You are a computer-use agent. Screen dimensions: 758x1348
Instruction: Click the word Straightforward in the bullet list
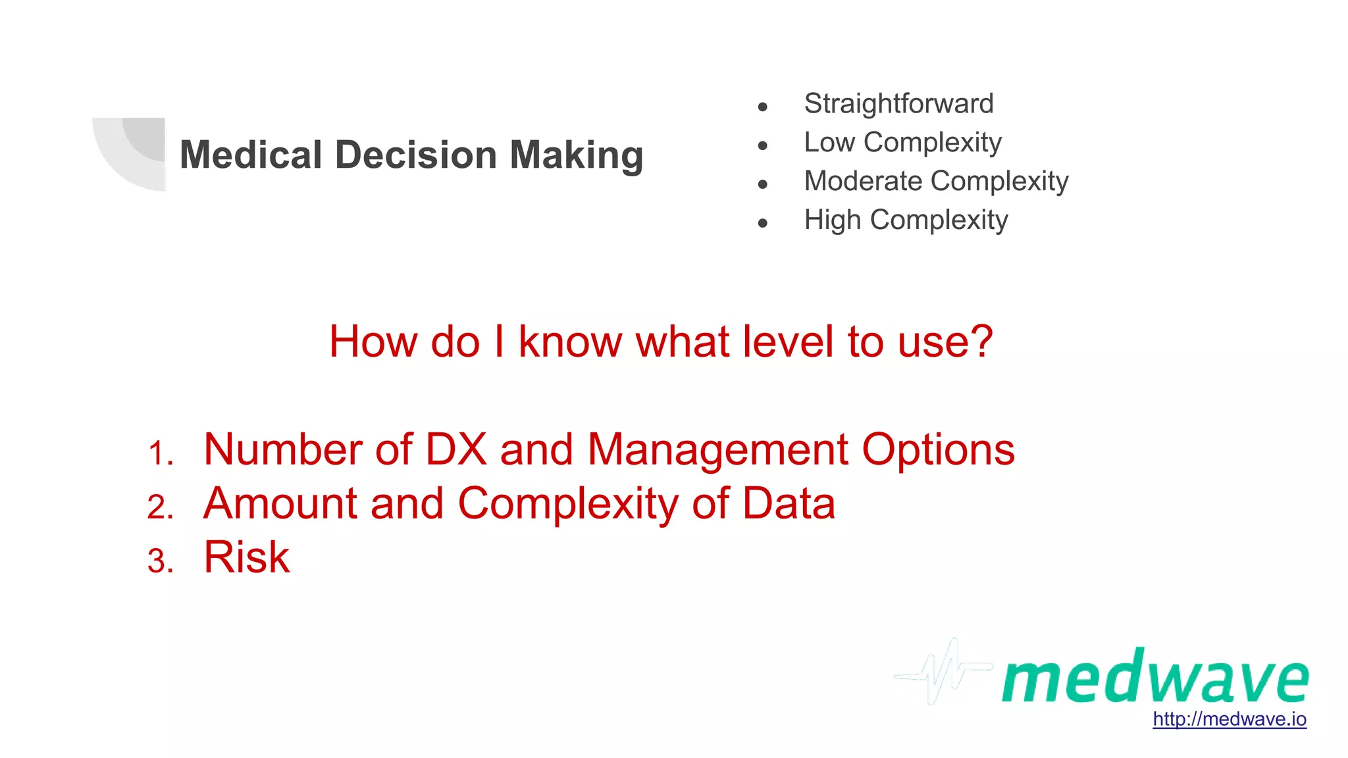tap(898, 104)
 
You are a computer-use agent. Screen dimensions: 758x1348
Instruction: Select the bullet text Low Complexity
tap(902, 143)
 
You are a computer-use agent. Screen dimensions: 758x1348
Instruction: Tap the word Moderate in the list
tap(863, 181)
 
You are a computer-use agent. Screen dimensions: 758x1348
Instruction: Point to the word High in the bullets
tap(832, 220)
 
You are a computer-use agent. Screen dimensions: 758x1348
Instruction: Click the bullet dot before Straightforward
tap(762, 107)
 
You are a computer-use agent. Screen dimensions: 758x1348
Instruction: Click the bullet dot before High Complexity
tap(762, 223)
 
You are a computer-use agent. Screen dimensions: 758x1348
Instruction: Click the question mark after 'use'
tap(980, 341)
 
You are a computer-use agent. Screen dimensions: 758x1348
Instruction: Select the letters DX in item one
tap(456, 450)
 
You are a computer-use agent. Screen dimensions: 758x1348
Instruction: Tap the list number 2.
tap(161, 507)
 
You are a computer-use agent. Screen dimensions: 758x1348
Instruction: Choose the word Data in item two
tap(789, 504)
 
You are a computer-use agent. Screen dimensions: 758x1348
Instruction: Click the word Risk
tap(247, 557)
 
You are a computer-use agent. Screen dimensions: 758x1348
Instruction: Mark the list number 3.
tap(161, 561)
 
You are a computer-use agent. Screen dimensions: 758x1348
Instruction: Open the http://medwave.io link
tap(1229, 719)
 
